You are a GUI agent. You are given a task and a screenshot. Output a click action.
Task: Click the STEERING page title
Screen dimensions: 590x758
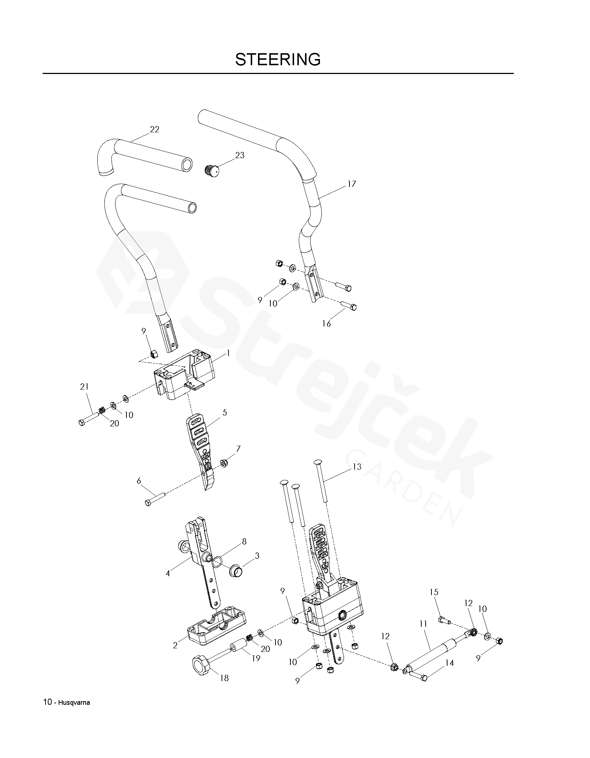tap(278, 59)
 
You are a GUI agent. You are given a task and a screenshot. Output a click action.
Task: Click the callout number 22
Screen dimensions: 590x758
tap(155, 129)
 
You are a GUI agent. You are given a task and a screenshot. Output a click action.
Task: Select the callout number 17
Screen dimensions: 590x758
tap(351, 184)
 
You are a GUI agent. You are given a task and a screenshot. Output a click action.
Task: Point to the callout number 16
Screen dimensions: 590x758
tap(326, 323)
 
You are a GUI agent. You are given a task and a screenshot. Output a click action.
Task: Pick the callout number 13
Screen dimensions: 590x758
tap(357, 466)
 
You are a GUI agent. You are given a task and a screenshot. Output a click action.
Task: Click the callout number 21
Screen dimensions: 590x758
tap(84, 387)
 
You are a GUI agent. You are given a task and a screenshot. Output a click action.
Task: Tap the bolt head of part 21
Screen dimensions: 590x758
tap(82, 423)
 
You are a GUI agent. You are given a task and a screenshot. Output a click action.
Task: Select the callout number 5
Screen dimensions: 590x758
tap(224, 413)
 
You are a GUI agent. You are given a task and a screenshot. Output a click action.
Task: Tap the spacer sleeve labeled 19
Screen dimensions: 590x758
tap(237, 651)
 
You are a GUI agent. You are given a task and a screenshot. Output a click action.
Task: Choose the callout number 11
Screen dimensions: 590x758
tap(423, 624)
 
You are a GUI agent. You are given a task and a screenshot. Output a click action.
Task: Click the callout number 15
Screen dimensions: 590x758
tap(434, 592)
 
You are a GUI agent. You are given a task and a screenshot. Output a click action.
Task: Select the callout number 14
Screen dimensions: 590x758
tap(449, 663)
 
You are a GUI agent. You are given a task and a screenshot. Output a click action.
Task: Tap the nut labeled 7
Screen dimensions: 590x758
tap(224, 464)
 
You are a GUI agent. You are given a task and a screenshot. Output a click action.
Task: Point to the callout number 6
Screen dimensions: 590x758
tap(139, 481)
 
